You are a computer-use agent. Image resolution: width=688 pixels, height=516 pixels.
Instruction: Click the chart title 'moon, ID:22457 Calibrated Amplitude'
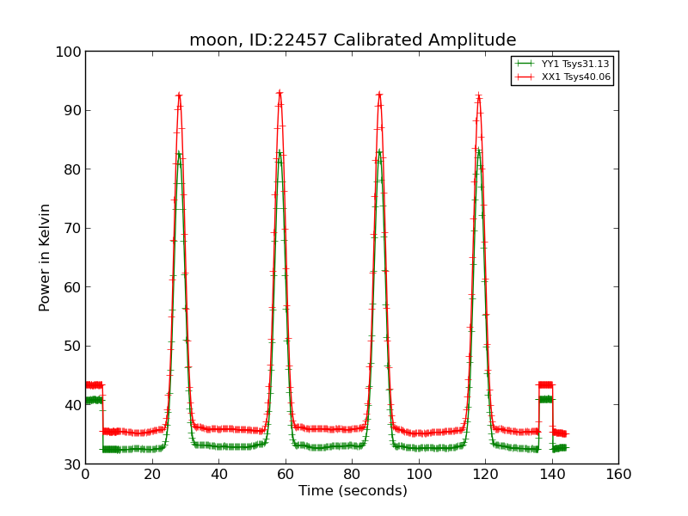(353, 40)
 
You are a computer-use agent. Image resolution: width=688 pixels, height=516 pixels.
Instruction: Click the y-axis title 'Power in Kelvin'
(46, 257)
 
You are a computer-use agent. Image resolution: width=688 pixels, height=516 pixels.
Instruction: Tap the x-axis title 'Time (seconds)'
(353, 491)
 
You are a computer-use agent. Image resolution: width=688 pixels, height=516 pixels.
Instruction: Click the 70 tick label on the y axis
(71, 228)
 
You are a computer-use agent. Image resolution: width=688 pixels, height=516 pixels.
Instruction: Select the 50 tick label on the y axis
(71, 346)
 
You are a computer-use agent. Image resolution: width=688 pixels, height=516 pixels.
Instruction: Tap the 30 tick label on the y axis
(71, 464)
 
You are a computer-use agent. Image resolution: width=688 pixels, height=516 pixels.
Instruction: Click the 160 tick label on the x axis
(617, 475)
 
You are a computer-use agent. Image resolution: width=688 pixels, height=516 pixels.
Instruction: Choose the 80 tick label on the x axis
(352, 475)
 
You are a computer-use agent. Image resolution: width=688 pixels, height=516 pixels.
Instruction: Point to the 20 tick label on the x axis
(151, 475)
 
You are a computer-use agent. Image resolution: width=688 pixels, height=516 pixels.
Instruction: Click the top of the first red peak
(179, 95)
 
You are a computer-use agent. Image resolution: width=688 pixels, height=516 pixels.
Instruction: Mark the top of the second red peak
(279, 92)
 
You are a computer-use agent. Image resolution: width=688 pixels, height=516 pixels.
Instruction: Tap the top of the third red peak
(379, 95)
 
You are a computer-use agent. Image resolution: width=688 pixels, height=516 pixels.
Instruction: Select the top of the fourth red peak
(478, 96)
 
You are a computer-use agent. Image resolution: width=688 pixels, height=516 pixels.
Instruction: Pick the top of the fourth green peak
(478, 151)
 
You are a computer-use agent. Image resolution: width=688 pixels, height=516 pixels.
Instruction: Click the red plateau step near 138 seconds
(545, 384)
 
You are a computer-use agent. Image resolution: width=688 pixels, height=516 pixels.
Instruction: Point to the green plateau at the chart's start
(94, 400)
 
